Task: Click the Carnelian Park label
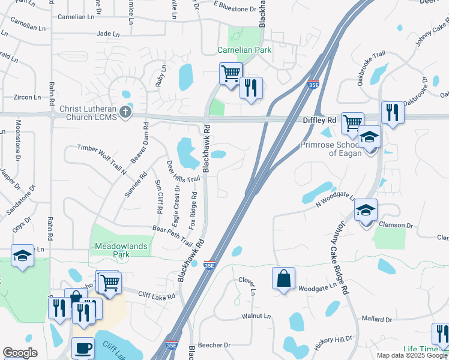pos(244,50)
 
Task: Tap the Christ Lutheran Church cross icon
pos(125,112)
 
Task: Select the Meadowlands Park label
pos(112,250)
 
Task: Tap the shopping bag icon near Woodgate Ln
pos(283,278)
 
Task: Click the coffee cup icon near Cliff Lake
pos(83,347)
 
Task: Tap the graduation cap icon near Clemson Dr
pos(366,210)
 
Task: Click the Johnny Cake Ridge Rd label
pos(338,256)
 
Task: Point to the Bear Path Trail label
pos(172,236)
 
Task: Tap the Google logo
pos(20,353)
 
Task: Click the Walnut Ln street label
pos(256,316)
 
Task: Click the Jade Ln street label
pos(108,34)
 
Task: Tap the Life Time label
pos(420,350)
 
